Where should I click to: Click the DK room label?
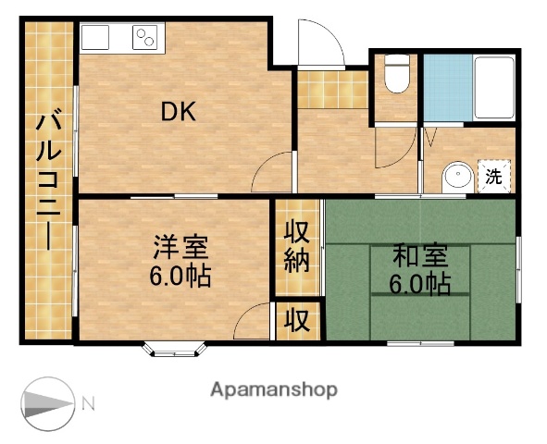(180, 112)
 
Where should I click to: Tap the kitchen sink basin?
(95, 38)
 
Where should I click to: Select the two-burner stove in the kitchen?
(146, 38)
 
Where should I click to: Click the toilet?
(396, 75)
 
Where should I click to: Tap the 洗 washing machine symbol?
(495, 175)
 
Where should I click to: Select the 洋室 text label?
(181, 248)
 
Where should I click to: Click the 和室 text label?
(418, 254)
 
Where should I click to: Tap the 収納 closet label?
(296, 245)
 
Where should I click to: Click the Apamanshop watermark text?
(274, 389)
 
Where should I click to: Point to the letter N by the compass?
(89, 402)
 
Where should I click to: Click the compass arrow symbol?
(46, 402)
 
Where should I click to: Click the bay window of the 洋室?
(173, 350)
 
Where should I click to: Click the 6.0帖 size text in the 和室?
(419, 283)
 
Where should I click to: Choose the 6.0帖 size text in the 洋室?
(181, 276)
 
